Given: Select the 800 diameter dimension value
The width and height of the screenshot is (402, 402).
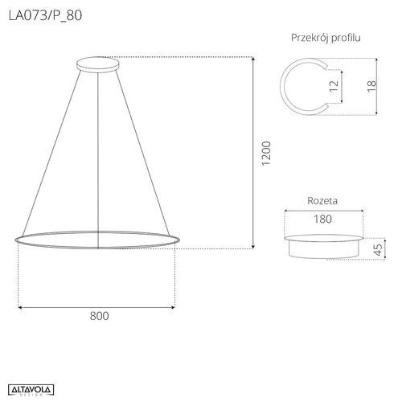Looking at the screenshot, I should (97, 316).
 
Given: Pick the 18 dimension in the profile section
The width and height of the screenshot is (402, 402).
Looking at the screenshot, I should (371, 85).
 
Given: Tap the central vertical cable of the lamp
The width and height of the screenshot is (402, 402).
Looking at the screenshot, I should (97, 153).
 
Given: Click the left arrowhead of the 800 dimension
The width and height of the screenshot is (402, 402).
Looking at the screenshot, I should (20, 306).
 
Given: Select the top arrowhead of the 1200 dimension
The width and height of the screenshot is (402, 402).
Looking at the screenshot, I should (254, 59).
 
